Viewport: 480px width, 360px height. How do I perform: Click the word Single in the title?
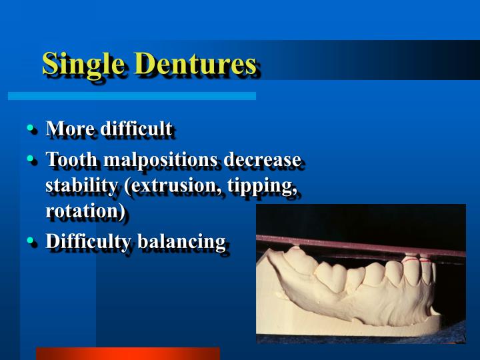click(85, 64)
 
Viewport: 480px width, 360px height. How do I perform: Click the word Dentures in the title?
click(195, 64)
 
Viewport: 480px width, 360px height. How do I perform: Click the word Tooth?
click(69, 161)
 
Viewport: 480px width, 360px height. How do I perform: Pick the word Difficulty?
click(89, 241)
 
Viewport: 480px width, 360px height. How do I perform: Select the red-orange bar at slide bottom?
click(127, 353)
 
